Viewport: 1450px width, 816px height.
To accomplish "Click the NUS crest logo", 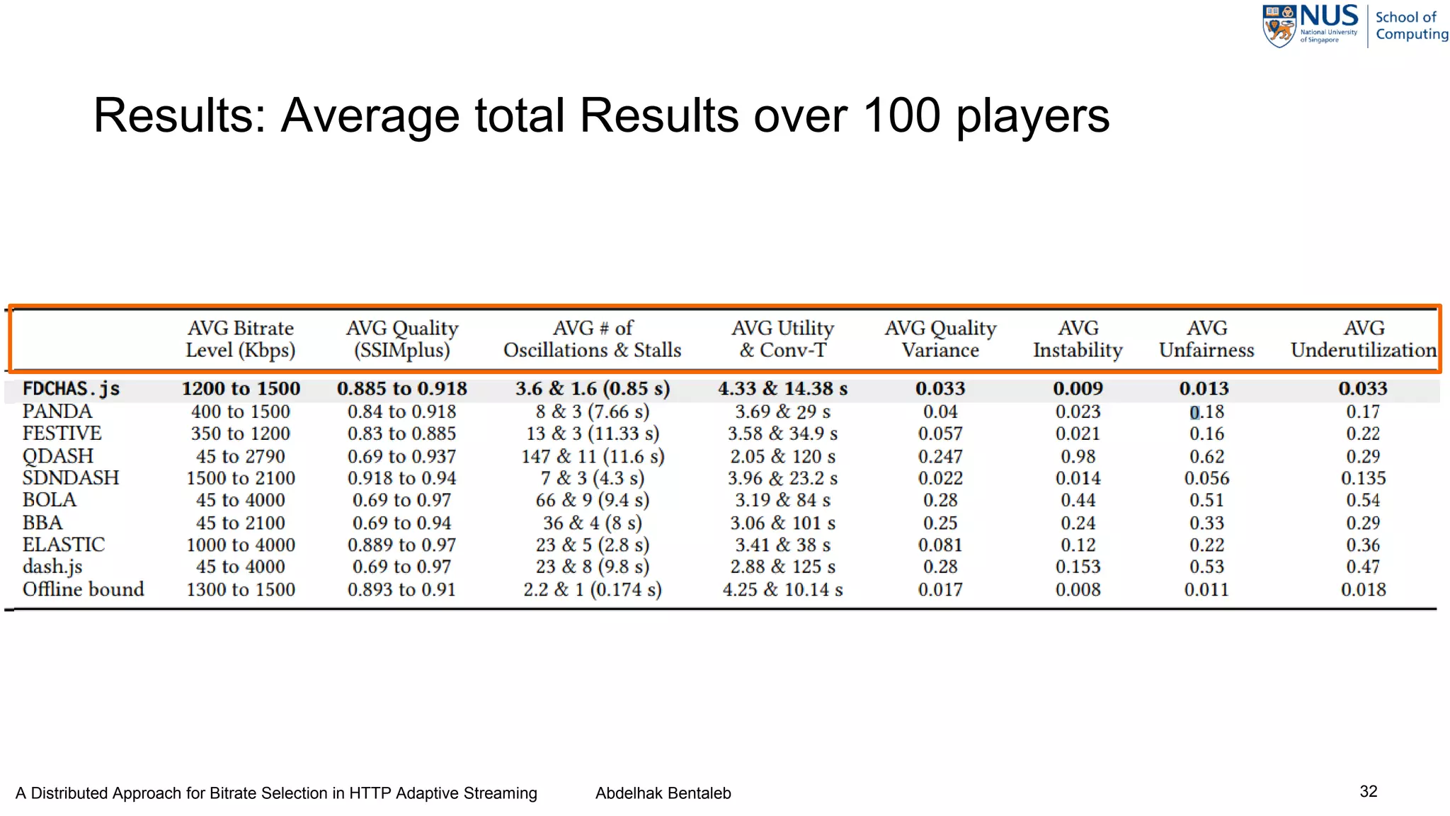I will (x=1279, y=27).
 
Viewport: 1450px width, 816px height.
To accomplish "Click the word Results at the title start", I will (x=179, y=115).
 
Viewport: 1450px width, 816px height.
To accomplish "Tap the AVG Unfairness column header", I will (x=1206, y=339).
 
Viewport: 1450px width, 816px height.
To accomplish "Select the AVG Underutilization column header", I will (x=1364, y=339).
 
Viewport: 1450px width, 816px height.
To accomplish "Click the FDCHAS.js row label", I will (x=71, y=389).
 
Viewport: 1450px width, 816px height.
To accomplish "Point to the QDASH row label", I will (x=58, y=456).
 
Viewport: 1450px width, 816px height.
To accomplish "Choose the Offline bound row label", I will (x=84, y=589).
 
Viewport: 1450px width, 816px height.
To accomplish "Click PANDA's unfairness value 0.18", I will (x=1206, y=412).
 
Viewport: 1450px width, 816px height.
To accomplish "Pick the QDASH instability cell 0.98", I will (x=1078, y=456).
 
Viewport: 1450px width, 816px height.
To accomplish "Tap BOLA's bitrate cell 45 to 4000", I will (x=241, y=500).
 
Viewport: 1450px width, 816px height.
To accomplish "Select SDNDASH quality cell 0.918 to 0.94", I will (x=401, y=478).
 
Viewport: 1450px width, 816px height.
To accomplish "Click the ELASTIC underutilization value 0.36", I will (x=1363, y=545).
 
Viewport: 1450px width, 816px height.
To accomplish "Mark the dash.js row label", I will (x=52, y=567).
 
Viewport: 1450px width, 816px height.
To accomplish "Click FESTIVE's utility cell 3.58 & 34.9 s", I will (x=782, y=433).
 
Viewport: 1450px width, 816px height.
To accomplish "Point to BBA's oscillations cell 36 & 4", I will (x=592, y=523).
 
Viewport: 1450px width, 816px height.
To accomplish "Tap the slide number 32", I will (x=1368, y=791).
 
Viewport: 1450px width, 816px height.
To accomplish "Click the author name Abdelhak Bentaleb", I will (x=663, y=793).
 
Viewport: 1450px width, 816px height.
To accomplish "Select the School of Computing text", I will (x=1411, y=25).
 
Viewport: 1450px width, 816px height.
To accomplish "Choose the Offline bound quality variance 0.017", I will (x=940, y=589).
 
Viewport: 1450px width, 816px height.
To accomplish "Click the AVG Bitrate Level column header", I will (x=241, y=339).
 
